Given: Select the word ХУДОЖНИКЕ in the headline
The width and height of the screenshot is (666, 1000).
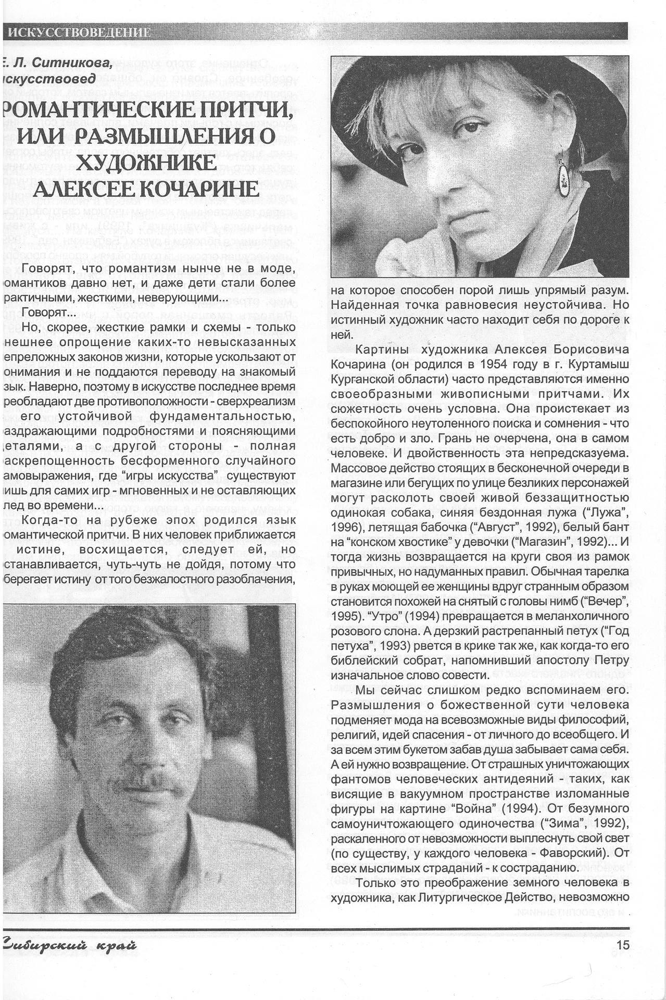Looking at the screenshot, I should [146, 162].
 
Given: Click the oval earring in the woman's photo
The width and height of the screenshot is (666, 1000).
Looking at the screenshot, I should [563, 178].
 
